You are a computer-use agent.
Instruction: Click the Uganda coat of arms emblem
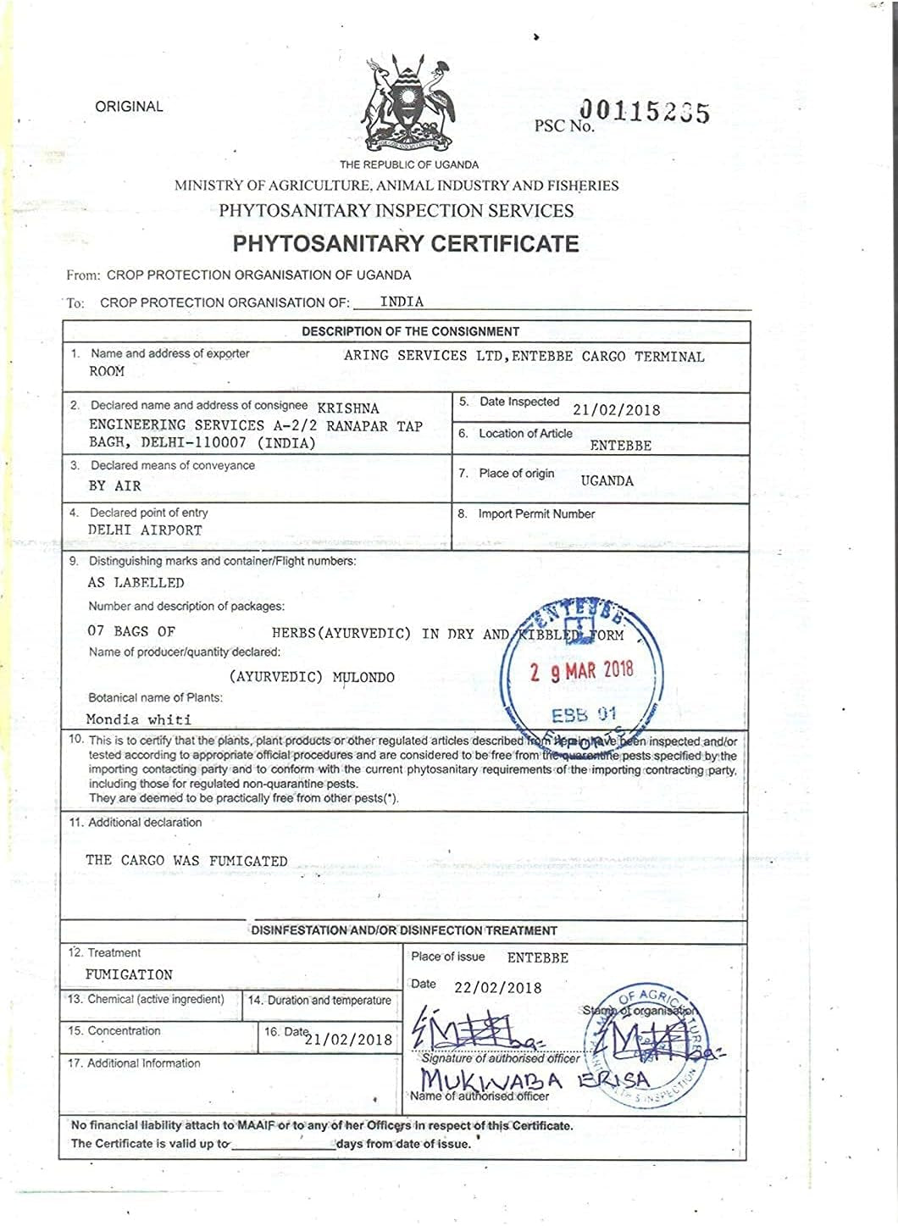[407, 103]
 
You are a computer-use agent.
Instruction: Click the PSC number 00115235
[644, 112]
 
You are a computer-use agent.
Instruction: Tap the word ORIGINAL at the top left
[129, 107]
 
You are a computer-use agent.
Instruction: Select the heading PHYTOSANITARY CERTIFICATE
[406, 244]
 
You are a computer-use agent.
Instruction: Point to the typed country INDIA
[402, 302]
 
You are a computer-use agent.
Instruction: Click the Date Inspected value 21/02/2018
[616, 410]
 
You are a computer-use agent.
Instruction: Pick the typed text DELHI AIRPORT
[145, 530]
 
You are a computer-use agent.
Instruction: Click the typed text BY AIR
[114, 485]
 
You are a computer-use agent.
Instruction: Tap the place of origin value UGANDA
[607, 480]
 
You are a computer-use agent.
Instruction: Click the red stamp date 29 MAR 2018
[582, 672]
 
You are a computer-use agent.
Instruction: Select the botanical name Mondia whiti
[139, 719]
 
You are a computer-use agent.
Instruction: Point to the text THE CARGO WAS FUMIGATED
[186, 861]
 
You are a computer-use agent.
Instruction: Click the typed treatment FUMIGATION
[129, 975]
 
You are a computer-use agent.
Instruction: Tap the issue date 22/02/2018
[497, 988]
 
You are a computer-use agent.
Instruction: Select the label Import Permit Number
[536, 514]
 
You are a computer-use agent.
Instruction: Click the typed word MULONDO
[363, 678]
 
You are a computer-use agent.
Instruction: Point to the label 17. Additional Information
[135, 1063]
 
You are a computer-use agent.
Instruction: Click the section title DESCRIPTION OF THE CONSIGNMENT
[410, 331]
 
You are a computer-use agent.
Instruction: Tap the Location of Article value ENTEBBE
[620, 446]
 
